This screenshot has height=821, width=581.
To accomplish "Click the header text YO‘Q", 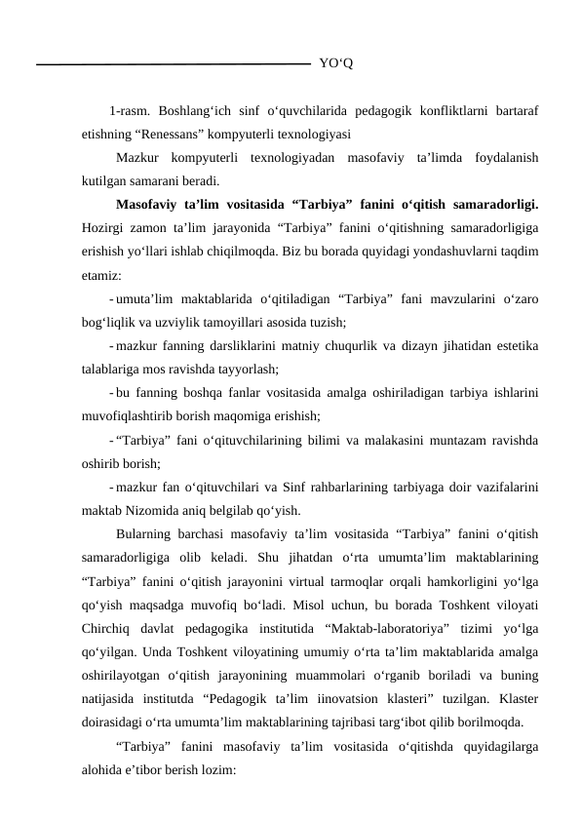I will pyautogui.click(x=335, y=64).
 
